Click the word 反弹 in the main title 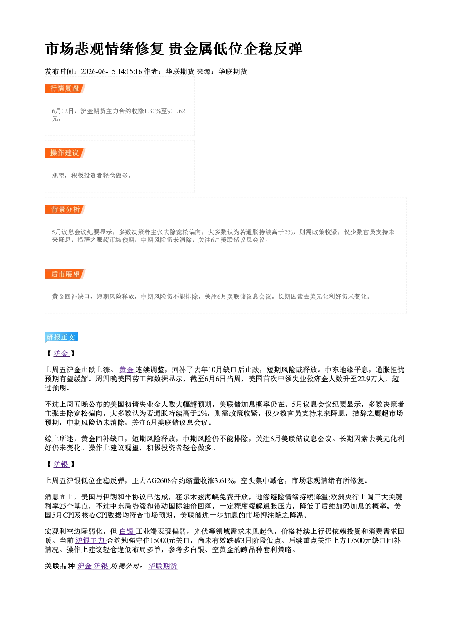point(288,49)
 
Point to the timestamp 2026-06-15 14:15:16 point(111,71)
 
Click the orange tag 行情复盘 point(65,88)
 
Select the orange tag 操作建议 point(65,153)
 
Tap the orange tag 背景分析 point(65,210)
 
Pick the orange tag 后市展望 point(65,274)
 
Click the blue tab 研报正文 point(61,337)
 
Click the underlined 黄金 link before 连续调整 point(126,370)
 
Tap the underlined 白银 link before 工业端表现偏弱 point(126,532)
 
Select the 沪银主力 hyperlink point(90,541)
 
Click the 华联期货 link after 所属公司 point(163,566)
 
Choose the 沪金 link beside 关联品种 point(85,566)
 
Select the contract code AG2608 point(159,481)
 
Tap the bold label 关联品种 point(60,566)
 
